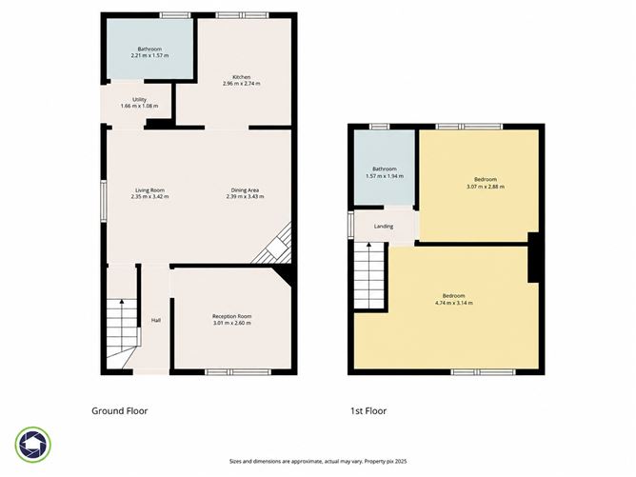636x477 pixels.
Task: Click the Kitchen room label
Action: pos(241,77)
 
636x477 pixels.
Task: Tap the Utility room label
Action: pos(140,99)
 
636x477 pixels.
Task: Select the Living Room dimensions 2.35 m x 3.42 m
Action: pos(150,197)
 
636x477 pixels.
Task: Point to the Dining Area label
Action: pos(245,190)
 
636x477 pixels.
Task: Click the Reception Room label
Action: pos(232,316)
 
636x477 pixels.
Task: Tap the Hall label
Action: pos(156,321)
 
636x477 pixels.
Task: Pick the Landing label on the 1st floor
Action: pos(384,227)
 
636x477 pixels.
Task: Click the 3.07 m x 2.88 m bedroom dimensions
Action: pos(486,187)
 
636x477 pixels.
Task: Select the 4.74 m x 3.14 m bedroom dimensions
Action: pos(453,303)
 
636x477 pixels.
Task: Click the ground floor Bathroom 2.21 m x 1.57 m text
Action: pos(149,52)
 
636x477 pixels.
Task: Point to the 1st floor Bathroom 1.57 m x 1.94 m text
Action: pos(385,172)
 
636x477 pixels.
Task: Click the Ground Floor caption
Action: pos(120,411)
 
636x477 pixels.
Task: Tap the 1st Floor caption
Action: pos(368,411)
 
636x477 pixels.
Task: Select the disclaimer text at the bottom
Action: pos(318,461)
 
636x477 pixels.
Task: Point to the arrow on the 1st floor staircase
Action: pos(368,255)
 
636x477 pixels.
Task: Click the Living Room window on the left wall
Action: pos(104,201)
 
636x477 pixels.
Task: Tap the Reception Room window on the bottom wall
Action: pos(238,372)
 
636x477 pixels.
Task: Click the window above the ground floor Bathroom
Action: pos(175,15)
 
